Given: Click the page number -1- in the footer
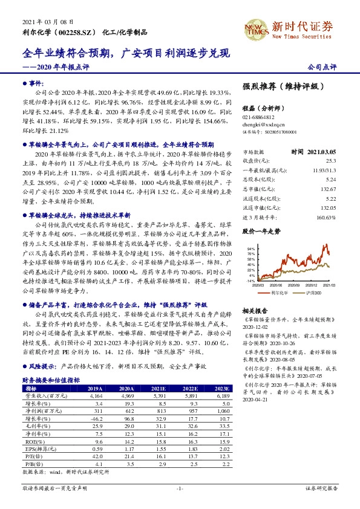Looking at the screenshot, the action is coord(179,487).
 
